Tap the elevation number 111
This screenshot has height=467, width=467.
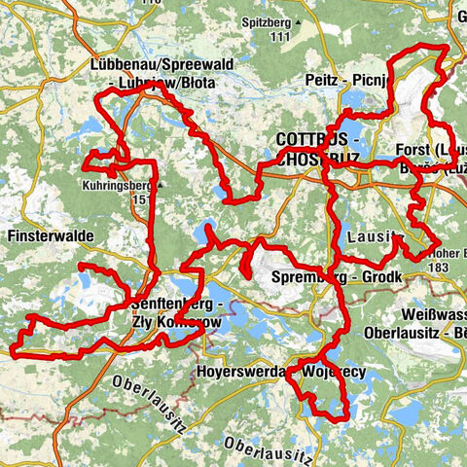pyautogui.click(x=282, y=36)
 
